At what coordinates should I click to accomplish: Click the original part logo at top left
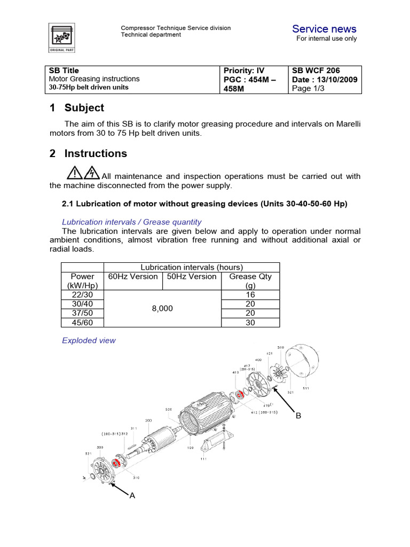(x=63, y=37)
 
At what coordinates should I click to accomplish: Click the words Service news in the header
(x=324, y=29)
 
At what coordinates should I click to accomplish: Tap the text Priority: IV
(x=244, y=71)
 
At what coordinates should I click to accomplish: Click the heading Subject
(x=84, y=107)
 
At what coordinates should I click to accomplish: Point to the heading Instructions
(x=96, y=153)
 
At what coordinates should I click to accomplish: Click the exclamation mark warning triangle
(x=75, y=172)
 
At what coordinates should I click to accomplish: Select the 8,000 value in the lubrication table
(x=162, y=308)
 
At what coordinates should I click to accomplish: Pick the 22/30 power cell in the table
(x=82, y=294)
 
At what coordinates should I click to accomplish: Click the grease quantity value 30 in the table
(x=250, y=322)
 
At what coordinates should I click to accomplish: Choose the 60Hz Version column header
(x=133, y=276)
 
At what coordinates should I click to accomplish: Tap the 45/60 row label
(x=82, y=322)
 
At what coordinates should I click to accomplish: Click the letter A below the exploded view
(x=132, y=495)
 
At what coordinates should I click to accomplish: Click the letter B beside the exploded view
(x=298, y=415)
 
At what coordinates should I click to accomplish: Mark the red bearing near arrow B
(x=240, y=395)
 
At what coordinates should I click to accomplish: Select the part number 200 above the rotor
(x=148, y=420)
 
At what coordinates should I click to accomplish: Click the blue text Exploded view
(x=89, y=340)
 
